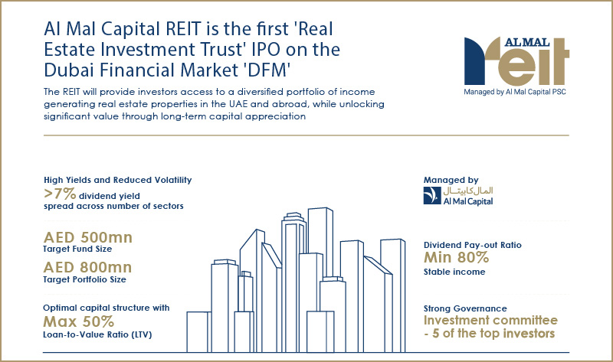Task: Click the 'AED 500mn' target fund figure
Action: [x=88, y=237]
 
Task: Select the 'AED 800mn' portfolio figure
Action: [x=87, y=268]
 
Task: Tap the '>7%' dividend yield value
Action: [x=60, y=194]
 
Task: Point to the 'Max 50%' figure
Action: [x=79, y=321]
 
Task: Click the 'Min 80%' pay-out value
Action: [x=456, y=258]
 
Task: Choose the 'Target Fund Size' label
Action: [x=77, y=249]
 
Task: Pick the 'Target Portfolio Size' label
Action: [x=85, y=279]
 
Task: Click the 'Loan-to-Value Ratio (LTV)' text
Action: [x=97, y=334]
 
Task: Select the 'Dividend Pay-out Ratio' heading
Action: [x=473, y=245]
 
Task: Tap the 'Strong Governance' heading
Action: [x=465, y=308]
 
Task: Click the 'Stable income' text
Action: [x=454, y=272]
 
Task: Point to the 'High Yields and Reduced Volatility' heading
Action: [x=118, y=180]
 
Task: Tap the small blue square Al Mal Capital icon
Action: [x=432, y=196]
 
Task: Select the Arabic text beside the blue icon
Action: [x=468, y=191]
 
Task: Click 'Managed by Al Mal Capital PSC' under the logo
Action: [x=515, y=92]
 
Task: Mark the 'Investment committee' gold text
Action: [x=490, y=320]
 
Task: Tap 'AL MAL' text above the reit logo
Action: [x=526, y=43]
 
